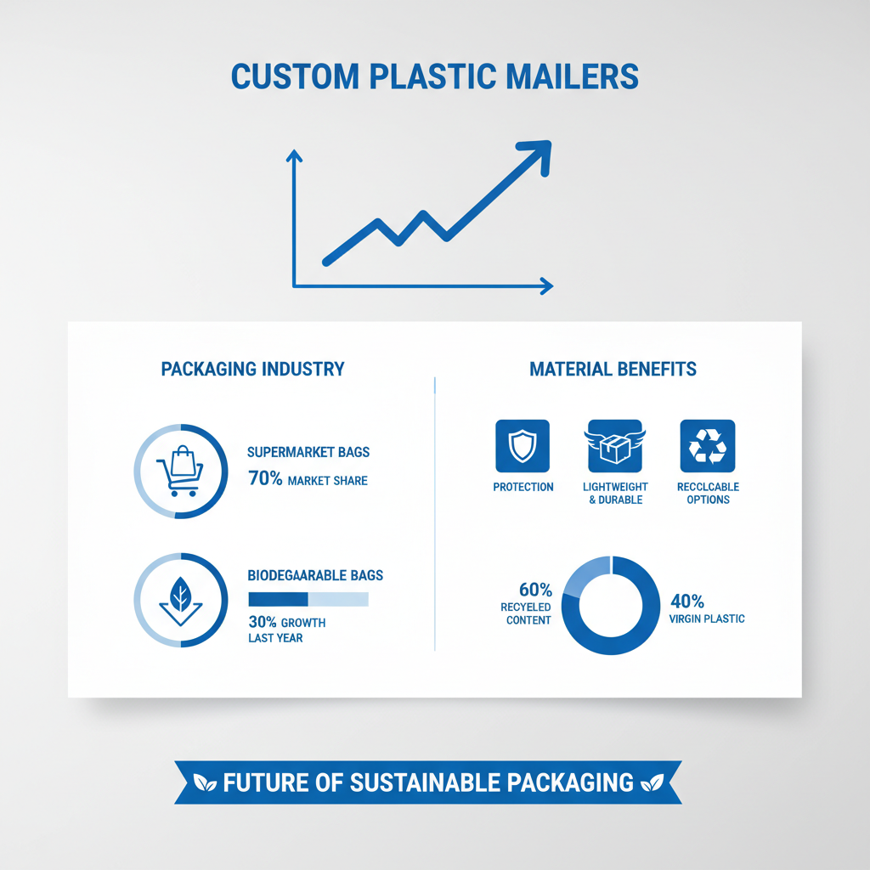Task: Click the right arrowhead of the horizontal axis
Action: [x=546, y=286]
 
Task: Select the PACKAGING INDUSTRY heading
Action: [x=252, y=370]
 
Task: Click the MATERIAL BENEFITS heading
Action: [x=613, y=370]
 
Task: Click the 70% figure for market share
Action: [x=264, y=479]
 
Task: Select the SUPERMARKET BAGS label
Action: [x=308, y=453]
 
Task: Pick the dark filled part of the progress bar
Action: [x=277, y=599]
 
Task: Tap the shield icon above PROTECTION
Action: [x=523, y=446]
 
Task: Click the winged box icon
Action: [x=615, y=446]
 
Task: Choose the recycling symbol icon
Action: [x=708, y=446]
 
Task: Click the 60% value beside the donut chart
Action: [x=535, y=590]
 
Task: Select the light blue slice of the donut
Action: [x=587, y=573]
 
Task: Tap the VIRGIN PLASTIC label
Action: [x=708, y=619]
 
